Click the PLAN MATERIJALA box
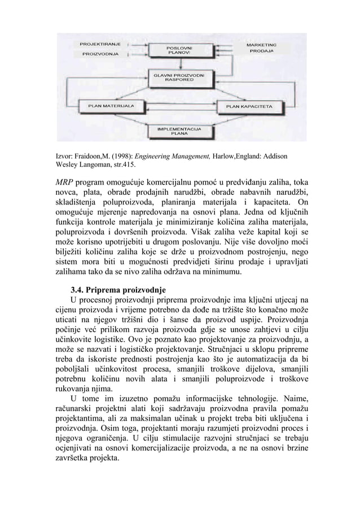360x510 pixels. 110,105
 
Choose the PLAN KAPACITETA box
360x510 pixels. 249,106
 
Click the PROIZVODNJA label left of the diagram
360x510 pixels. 100,54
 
